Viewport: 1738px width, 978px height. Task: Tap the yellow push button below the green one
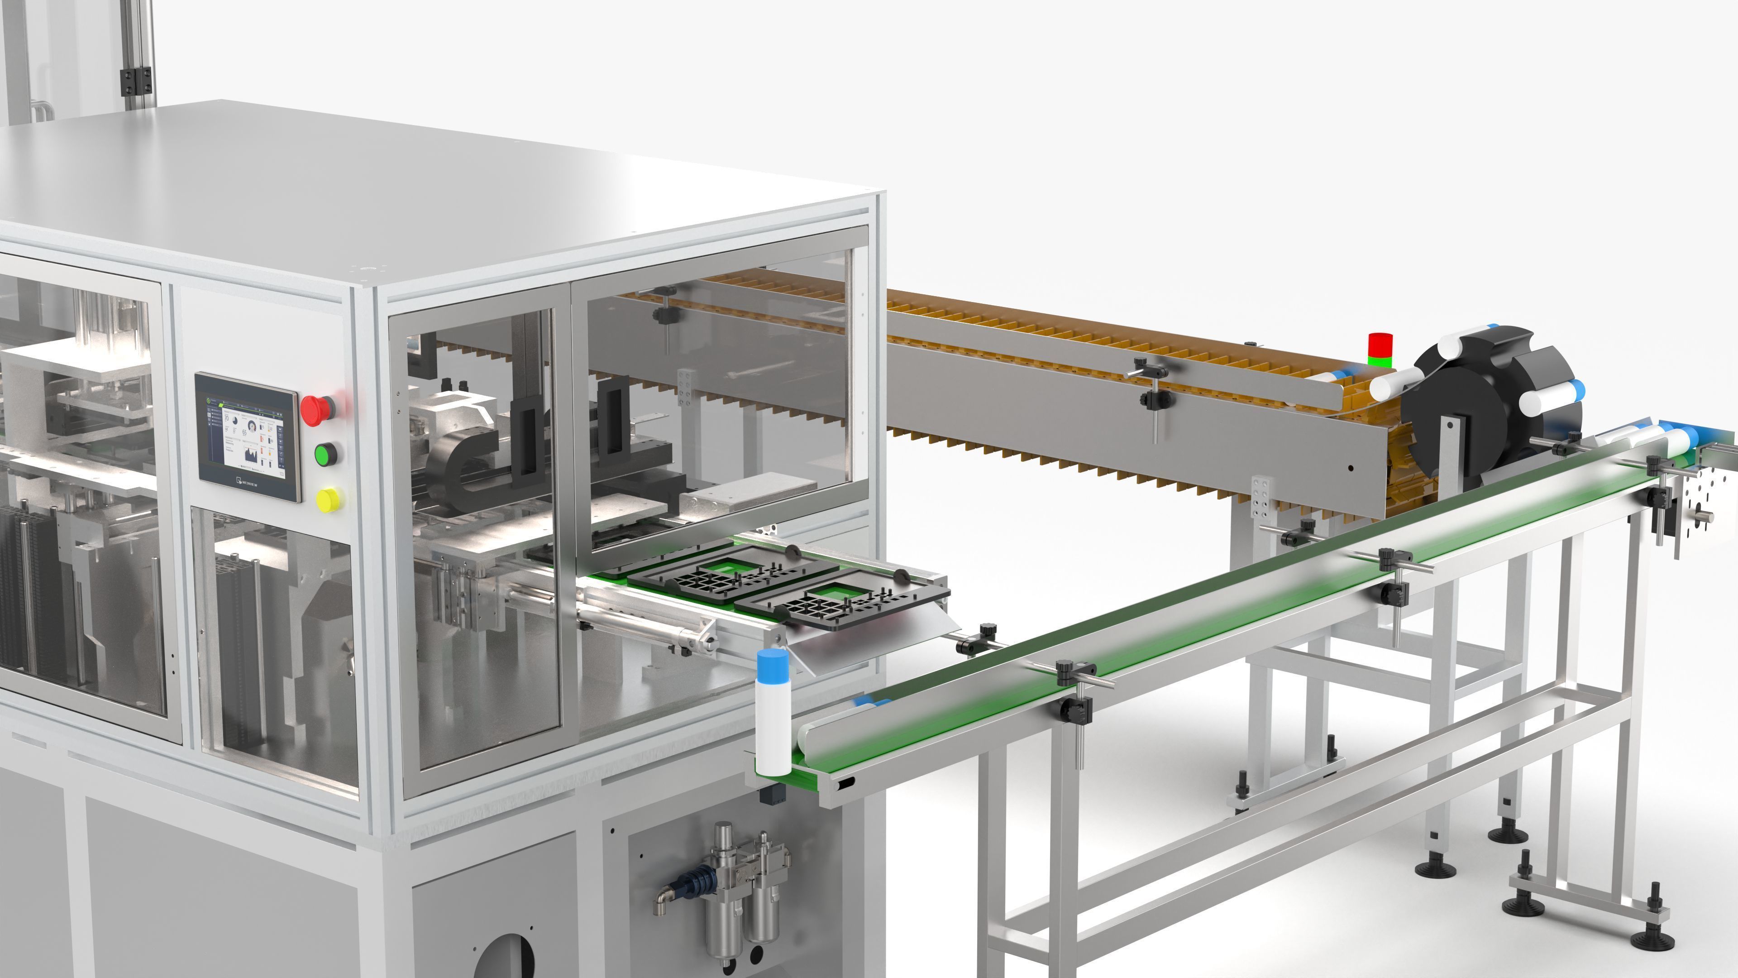tap(328, 500)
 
